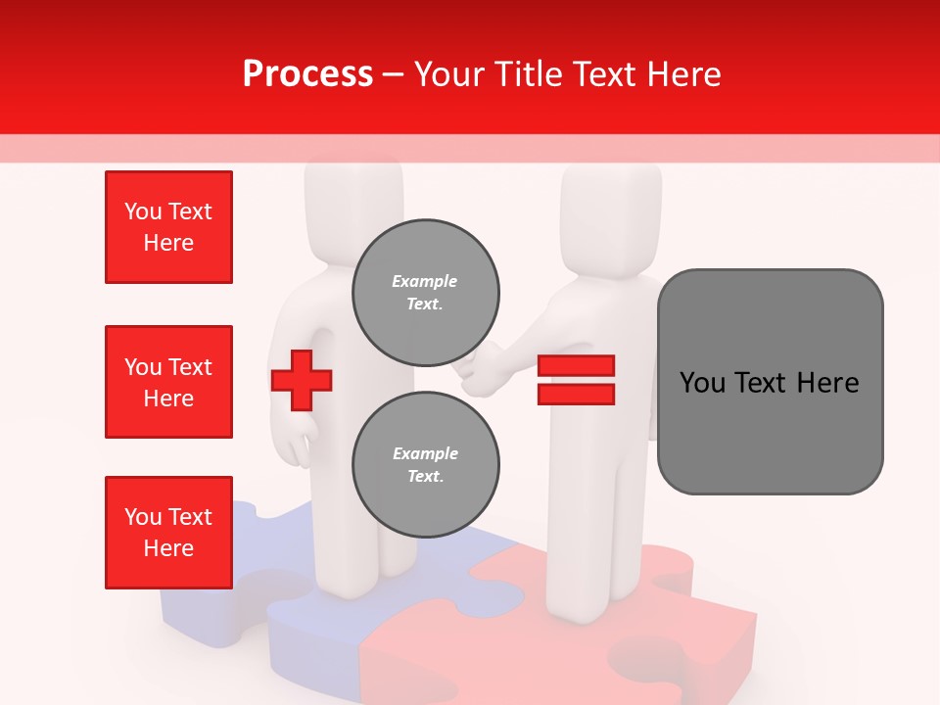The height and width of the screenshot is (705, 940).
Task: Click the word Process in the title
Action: coord(307,74)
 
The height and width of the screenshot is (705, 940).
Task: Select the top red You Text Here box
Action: coord(168,227)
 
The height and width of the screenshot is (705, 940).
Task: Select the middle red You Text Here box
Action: coord(168,382)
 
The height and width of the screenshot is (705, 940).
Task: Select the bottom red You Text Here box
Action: coord(168,533)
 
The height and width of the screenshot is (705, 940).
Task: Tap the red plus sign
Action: coord(302,380)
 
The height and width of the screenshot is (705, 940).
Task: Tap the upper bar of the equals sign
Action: coord(576,366)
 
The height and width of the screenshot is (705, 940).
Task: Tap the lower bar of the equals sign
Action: coord(576,394)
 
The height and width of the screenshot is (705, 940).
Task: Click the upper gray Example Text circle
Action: coord(426,293)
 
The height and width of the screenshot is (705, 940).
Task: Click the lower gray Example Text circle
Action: coord(426,465)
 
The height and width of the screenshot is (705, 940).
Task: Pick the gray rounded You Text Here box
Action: coord(770,382)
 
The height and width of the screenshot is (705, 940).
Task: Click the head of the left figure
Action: coord(353,206)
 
